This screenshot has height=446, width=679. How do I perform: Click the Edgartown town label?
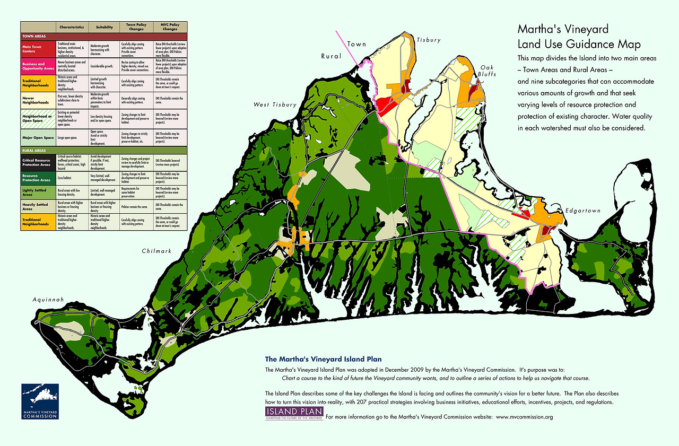click(x=582, y=211)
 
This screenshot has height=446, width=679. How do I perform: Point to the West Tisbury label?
click(x=275, y=104)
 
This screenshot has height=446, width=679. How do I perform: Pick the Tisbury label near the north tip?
click(x=429, y=40)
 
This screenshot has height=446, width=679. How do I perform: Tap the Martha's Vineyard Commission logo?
click(x=40, y=401)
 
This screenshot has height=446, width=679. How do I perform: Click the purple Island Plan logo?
click(x=294, y=414)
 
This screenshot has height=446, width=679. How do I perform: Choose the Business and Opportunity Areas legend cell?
click(x=38, y=66)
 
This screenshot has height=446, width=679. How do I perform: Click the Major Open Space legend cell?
click(x=38, y=138)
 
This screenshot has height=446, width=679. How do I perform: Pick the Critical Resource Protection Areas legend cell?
click(x=38, y=162)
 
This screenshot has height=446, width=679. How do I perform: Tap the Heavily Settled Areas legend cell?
click(x=38, y=207)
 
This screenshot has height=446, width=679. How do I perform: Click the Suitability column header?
click(x=105, y=27)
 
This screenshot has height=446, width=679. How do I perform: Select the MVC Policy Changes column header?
click(x=168, y=27)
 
